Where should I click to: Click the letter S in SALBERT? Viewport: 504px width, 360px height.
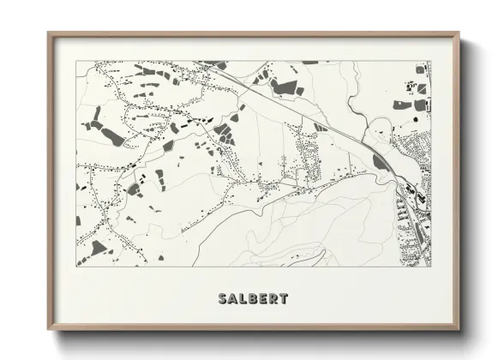[223, 299]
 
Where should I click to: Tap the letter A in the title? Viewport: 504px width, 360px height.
[234, 299]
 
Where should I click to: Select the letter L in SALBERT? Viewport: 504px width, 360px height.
[244, 299]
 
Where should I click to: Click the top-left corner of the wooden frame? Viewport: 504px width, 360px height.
[48, 33]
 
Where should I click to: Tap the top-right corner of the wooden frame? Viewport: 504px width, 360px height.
[460, 33]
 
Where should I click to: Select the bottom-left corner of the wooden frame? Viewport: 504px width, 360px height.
[48, 330]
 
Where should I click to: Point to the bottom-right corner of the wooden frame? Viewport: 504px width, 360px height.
[460, 330]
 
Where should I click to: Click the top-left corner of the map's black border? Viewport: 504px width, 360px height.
[76, 61]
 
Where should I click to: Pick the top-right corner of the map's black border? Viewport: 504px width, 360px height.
[431, 61]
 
